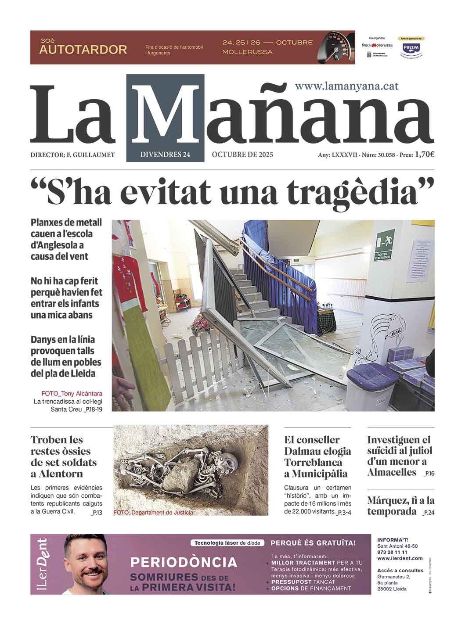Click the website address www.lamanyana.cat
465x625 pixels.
[346, 86]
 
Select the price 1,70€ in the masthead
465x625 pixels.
[425, 154]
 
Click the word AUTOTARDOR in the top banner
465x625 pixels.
[83, 50]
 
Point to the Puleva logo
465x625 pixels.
[411, 48]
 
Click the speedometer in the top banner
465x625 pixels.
[335, 47]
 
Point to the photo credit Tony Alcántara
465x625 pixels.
[72, 393]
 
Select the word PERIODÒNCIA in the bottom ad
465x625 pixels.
[184, 562]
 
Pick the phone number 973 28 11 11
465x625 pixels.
[392, 552]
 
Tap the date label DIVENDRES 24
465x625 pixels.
[165, 154]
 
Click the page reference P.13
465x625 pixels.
[96, 512]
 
